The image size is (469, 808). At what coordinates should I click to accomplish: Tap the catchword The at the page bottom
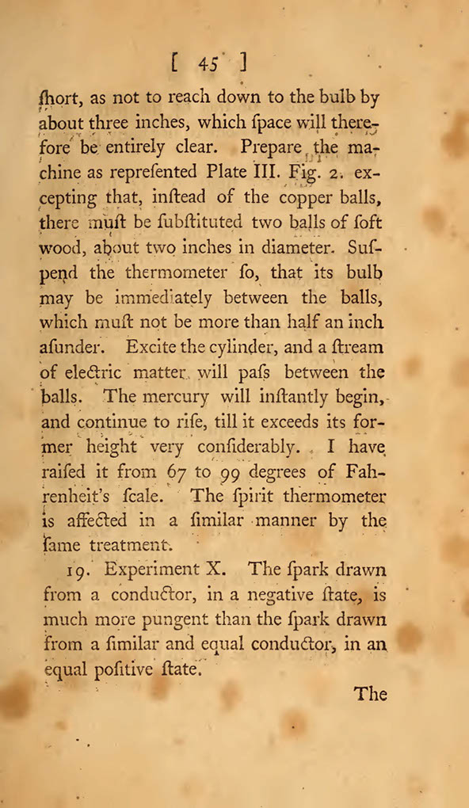[x=370, y=694]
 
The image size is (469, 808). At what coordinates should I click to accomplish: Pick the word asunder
[x=69, y=346]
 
